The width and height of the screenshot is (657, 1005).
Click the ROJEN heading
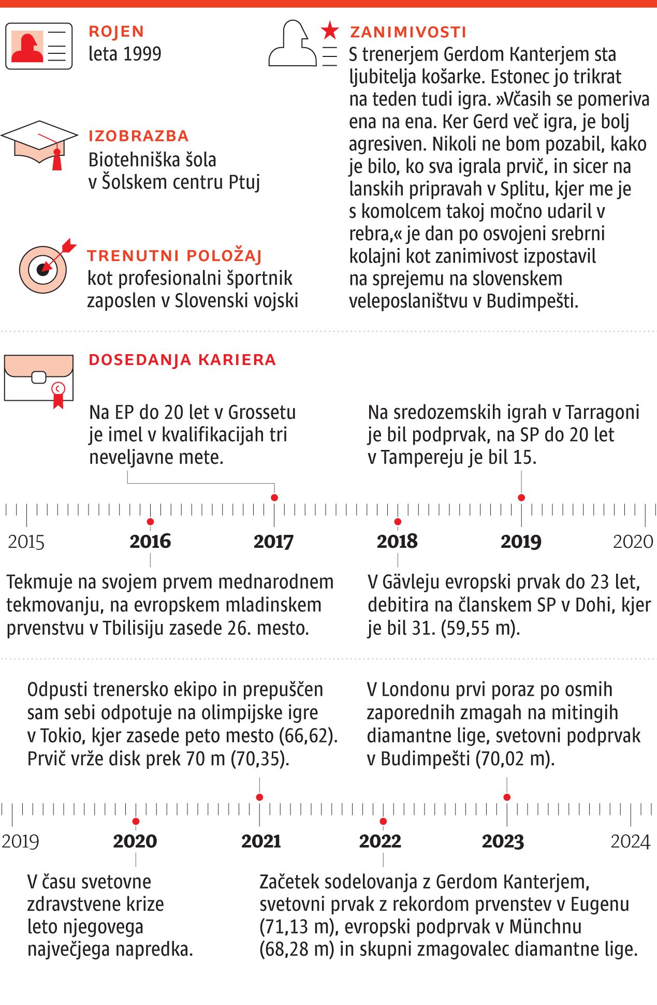coord(116,32)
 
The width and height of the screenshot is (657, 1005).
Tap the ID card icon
coord(39,46)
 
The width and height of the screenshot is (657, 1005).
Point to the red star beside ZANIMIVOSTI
coord(329,31)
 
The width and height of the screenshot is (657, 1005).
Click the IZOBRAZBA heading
coord(138,136)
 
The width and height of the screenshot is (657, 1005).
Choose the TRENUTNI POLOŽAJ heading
coord(174,256)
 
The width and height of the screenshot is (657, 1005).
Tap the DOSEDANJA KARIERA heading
coord(182,360)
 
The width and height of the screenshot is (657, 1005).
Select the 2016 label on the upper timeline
coord(150,542)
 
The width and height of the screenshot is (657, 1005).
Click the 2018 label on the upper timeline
coord(397,542)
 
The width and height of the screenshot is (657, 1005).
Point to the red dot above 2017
coord(274,498)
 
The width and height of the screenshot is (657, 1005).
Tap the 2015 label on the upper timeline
coord(26,542)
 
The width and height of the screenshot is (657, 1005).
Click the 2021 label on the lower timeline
coord(261,841)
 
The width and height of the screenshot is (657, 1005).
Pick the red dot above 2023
coord(507,797)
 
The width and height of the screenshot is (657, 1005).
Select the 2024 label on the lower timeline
coord(630,841)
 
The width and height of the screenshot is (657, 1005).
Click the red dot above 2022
coord(383,822)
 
